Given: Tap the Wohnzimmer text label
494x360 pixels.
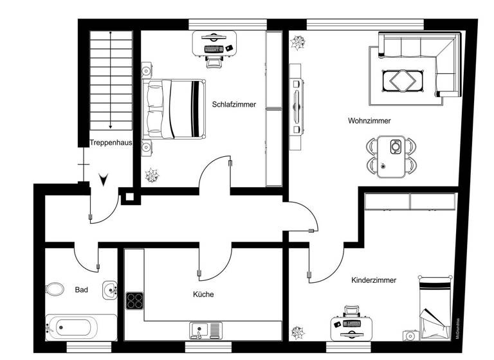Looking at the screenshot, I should (x=369, y=120).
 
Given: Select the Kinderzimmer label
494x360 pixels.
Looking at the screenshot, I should (x=374, y=280).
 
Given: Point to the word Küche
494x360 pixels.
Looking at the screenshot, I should (x=203, y=294).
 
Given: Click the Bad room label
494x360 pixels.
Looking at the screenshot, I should (x=81, y=290).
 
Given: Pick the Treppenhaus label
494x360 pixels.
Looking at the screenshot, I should (x=111, y=143).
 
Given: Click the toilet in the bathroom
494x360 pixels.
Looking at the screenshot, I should (x=55, y=289).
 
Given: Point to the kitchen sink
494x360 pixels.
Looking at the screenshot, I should (x=205, y=330).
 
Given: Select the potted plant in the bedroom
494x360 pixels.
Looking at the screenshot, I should (x=152, y=174).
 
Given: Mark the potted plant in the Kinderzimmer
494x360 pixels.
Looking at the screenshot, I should (x=298, y=332).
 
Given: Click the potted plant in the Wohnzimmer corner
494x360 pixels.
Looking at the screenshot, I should (x=298, y=44).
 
